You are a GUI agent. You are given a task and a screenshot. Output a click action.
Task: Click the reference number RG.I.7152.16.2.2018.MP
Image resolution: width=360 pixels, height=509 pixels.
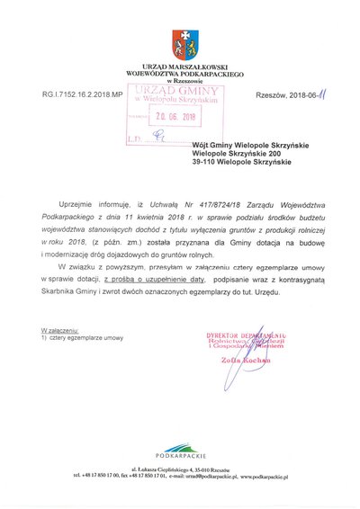[81, 94]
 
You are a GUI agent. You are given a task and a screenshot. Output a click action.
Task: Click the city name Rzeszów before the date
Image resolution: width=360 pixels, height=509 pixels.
[272, 94]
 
